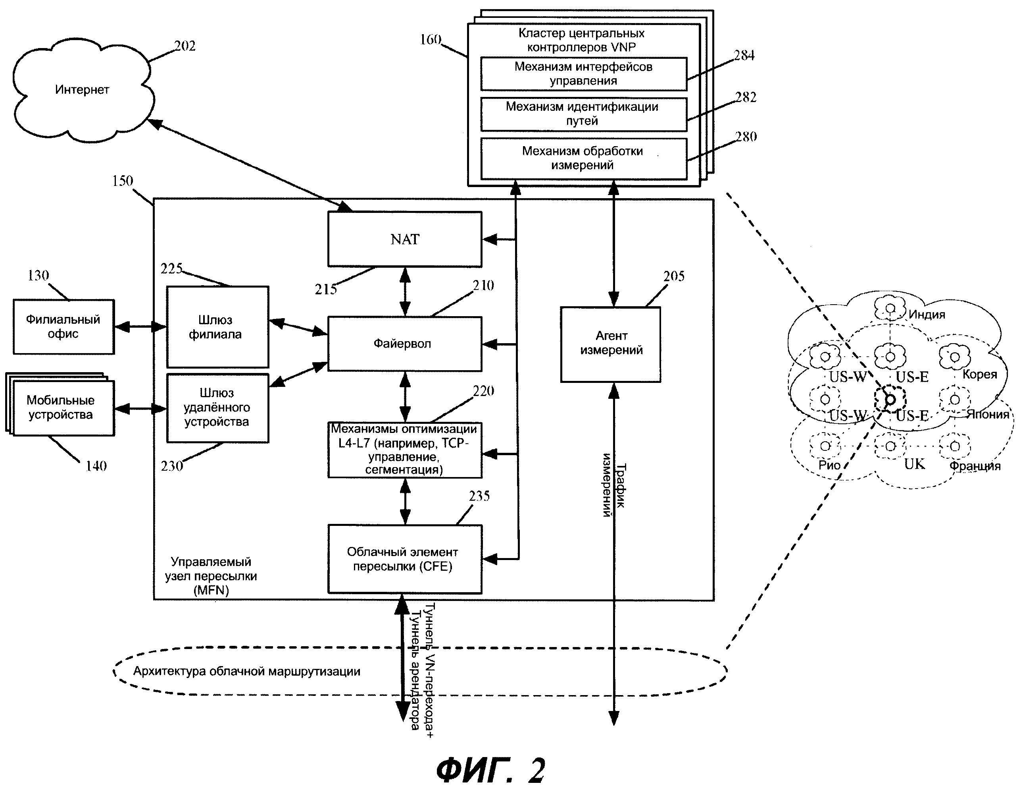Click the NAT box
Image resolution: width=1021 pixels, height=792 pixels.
404,239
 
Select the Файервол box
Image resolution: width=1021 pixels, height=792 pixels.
404,344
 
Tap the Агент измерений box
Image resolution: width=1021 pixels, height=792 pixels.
611,344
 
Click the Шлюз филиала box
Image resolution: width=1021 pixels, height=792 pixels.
217,327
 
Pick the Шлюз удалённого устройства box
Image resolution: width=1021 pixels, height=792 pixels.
217,408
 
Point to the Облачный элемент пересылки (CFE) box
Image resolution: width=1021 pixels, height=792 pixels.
404,559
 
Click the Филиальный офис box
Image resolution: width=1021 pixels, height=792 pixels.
63,326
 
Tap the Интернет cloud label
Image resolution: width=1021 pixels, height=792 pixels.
82,89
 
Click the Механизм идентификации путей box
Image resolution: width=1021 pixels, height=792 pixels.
583,114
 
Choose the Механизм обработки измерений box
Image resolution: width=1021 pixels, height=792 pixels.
583,158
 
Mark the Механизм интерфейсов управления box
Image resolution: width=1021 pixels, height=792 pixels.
583,73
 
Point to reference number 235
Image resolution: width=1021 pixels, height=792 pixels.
479,496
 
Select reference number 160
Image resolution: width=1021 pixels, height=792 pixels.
430,39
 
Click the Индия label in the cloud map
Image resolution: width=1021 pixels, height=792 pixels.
927,314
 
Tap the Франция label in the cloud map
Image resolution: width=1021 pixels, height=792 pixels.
975,466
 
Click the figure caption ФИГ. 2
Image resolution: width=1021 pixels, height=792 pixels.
491,770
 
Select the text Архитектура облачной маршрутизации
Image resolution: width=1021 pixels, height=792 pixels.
247,671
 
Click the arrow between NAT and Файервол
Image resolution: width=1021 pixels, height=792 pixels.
405,292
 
